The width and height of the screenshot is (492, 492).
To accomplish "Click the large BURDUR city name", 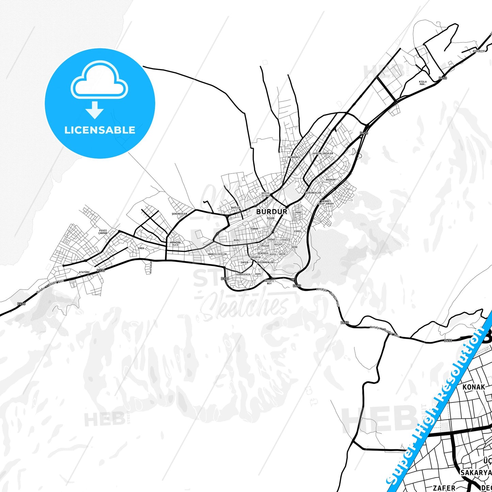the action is (x=271, y=211).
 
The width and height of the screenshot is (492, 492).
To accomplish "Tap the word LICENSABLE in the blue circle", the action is (x=100, y=130).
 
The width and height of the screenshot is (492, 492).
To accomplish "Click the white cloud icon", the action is (x=99, y=80).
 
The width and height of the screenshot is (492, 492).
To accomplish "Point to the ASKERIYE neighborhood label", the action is (x=478, y=51).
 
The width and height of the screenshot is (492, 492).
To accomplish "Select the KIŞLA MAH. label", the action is (x=423, y=83).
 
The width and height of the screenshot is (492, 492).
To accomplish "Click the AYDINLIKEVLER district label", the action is (x=323, y=154).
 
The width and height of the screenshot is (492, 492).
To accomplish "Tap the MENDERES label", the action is (x=294, y=157).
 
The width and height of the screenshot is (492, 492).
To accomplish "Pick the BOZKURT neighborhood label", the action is (x=331, y=179).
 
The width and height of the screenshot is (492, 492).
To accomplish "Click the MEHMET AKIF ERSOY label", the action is (x=326, y=203).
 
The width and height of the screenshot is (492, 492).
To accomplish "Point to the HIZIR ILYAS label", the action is (x=265, y=194).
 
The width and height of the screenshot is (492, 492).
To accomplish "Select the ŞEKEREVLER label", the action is (x=179, y=214).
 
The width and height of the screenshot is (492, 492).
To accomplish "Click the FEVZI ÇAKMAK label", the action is (x=103, y=232).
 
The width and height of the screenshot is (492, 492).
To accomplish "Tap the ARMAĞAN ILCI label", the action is (x=175, y=243).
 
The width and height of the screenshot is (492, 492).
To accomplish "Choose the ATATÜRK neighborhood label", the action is (x=84, y=272).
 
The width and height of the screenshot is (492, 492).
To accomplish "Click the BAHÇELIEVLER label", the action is (x=217, y=254).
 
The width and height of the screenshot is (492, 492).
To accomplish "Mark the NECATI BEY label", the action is (x=269, y=282).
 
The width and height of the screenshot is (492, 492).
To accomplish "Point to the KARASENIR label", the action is (x=243, y=274).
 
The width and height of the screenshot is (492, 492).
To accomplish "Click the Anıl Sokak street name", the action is (x=150, y=267).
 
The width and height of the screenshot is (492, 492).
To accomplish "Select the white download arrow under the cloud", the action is (x=95, y=110).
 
